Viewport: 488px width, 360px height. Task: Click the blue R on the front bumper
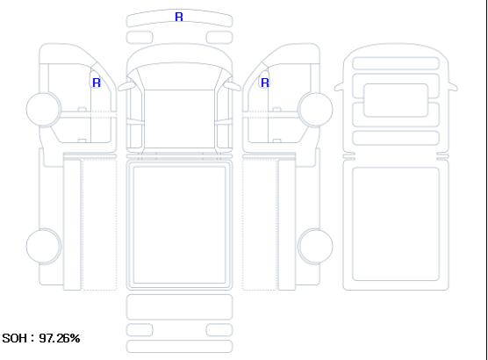[179, 17]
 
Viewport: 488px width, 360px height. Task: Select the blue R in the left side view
[97, 83]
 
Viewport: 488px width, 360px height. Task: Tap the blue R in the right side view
[265, 83]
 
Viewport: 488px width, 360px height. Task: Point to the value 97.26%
[60, 338]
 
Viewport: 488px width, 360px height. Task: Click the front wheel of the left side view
[44, 109]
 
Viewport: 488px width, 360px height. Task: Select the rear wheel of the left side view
[44, 246]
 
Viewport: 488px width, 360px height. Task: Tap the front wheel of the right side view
[315, 109]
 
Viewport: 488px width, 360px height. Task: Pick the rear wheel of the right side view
[315, 246]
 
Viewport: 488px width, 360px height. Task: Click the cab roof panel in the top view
[179, 119]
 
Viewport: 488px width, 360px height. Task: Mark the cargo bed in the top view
[179, 225]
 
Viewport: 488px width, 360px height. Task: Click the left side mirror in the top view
[126, 86]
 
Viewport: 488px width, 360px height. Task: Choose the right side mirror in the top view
[233, 86]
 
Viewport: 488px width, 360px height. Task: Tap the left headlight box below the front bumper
[140, 38]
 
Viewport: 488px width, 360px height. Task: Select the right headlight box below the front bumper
[219, 38]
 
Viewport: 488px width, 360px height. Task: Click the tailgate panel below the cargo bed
[179, 306]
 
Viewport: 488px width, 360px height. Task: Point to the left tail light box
[140, 330]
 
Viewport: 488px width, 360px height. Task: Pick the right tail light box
[219, 330]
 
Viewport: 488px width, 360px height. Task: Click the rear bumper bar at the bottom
[179, 347]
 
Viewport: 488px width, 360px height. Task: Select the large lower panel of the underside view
[396, 224]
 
